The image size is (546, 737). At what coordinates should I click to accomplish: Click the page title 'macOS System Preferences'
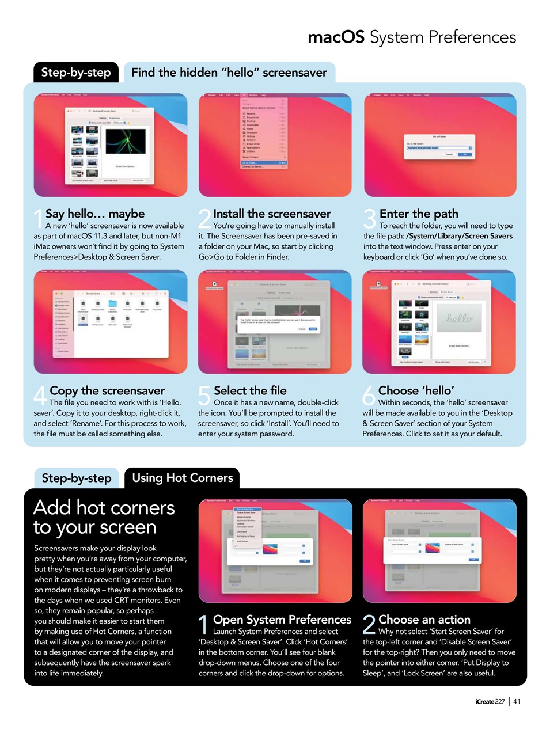point(412,37)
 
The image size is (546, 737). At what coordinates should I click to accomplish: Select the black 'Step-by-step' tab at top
point(76,73)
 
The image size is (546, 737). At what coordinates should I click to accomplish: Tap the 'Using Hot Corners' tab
point(182,478)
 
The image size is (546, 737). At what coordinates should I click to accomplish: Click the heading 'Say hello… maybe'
point(95,214)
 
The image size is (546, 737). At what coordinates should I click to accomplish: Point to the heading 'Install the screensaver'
point(272,214)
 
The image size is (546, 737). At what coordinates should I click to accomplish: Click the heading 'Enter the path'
point(419,214)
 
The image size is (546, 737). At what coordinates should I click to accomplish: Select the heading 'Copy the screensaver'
point(107,390)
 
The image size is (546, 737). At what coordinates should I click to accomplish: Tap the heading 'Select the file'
point(250,390)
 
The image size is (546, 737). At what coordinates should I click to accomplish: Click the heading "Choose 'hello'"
point(416,390)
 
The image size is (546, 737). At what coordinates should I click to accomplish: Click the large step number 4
point(40,396)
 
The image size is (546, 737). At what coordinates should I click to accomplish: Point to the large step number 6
point(369,396)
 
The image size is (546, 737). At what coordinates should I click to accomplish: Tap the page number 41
point(517,701)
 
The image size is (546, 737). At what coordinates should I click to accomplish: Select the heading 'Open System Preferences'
point(282,620)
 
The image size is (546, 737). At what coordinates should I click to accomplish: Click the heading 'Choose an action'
point(424,620)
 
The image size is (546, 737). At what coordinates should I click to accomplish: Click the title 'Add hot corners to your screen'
point(104,517)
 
